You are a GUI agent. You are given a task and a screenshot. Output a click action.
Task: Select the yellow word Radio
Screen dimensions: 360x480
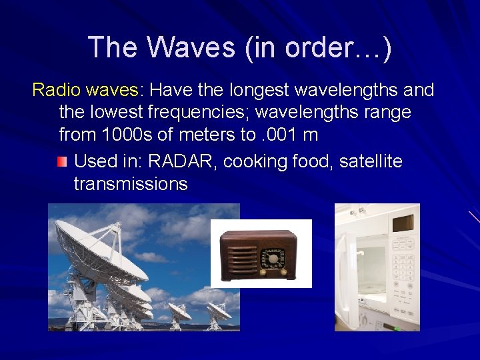point(55,89)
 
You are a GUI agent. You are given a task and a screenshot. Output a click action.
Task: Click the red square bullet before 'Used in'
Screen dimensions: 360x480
point(61,161)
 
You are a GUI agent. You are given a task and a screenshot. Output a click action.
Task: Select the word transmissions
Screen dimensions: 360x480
point(131,184)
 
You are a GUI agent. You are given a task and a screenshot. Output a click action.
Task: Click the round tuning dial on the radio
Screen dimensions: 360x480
point(273,258)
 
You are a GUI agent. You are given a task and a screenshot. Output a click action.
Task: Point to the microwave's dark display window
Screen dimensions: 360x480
point(402,223)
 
